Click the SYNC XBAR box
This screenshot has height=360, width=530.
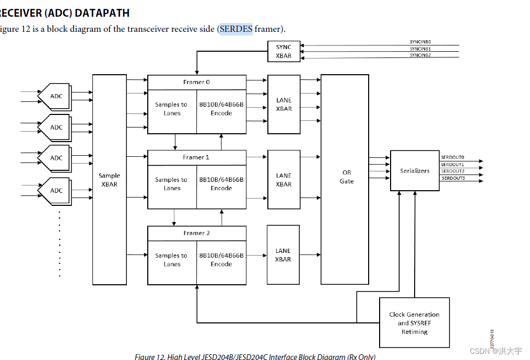tap(284, 51)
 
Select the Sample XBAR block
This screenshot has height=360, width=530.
tap(110, 180)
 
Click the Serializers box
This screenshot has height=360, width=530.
tap(415, 171)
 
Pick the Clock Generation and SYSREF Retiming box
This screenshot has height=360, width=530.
tap(414, 323)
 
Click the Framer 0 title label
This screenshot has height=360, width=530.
tap(196, 82)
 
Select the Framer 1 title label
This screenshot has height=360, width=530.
tap(196, 157)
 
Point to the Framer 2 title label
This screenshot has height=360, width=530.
tap(196, 233)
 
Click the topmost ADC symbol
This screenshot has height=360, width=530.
tap(55, 96)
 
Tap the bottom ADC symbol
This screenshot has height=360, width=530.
tap(55, 191)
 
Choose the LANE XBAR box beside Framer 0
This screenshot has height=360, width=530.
tap(284, 104)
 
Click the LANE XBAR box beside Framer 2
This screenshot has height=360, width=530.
tap(283, 255)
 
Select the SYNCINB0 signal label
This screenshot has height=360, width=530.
tap(420, 42)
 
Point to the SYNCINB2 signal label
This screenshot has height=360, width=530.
tap(420, 55)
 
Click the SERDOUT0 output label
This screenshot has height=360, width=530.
tap(452, 157)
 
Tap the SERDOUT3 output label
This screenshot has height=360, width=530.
tap(453, 178)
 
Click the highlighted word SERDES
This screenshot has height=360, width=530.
tap(236, 29)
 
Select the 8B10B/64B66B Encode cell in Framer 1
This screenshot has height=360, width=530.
tap(221, 184)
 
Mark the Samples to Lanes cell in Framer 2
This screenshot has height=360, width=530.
tap(171, 260)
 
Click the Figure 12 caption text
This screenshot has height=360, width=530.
tap(255, 356)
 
